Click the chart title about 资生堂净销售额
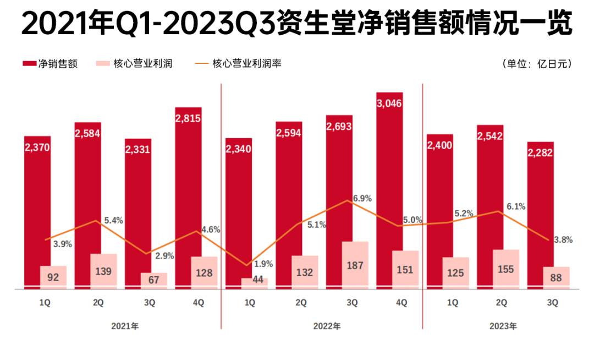[297, 24]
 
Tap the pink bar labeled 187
[355, 264]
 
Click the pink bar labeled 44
[254, 282]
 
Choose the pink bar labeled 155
[506, 269]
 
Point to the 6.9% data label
[363, 198]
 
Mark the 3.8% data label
[564, 240]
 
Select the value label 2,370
[37, 147]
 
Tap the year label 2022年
[327, 326]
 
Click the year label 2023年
[503, 326]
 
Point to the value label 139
[103, 271]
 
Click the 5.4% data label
[113, 221]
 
